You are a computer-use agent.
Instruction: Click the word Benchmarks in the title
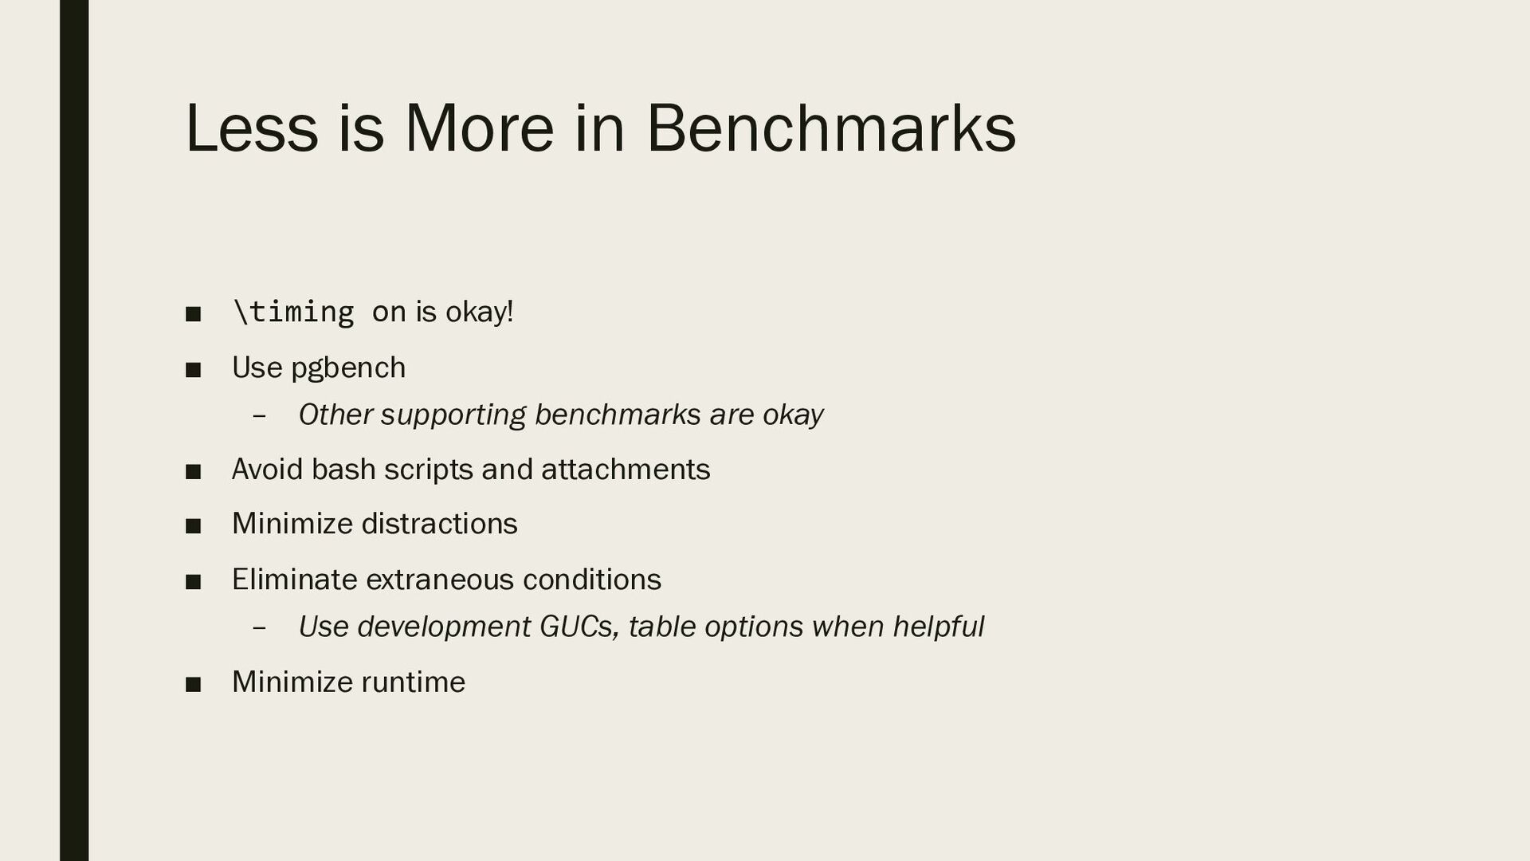830,128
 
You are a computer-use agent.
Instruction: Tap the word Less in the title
251,128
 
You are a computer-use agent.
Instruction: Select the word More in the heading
479,128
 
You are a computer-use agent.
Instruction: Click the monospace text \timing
293,312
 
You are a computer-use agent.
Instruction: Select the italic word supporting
453,415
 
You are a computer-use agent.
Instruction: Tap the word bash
343,469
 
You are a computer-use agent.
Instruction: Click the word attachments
626,469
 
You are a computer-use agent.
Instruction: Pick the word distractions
440,524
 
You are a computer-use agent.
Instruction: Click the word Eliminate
295,579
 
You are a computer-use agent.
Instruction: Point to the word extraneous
440,580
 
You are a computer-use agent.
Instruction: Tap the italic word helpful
939,627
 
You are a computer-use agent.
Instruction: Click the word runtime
414,682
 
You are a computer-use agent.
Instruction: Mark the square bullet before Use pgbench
193,370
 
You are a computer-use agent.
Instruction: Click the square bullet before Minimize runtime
193,684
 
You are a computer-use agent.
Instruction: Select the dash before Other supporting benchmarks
258,416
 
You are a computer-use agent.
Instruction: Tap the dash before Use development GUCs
258,628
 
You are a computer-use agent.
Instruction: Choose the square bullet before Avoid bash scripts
193,471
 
